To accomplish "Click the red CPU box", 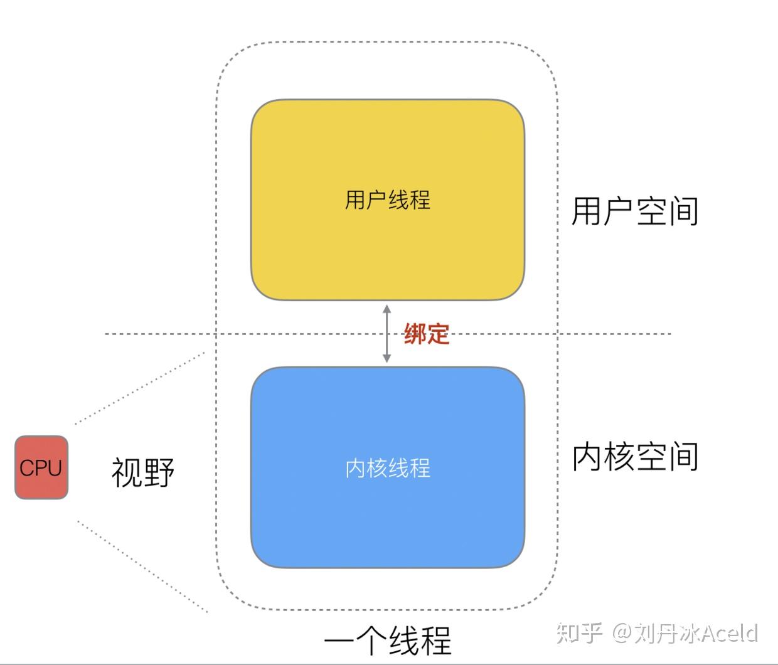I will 41,467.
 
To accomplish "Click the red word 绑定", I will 427,334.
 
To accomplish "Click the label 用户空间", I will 635,211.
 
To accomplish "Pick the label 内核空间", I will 635,457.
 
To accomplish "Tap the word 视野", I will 142,472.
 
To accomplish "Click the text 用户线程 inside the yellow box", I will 387,200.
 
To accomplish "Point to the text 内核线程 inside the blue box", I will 387,468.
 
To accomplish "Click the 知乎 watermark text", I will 579,633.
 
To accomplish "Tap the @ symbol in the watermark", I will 622,634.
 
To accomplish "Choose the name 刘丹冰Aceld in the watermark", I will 696,634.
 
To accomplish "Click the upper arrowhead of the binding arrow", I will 387,309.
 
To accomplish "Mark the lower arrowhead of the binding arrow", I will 387,358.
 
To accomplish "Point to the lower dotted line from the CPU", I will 142,566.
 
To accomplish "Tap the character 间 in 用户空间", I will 683,211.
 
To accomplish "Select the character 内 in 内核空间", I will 587,457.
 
